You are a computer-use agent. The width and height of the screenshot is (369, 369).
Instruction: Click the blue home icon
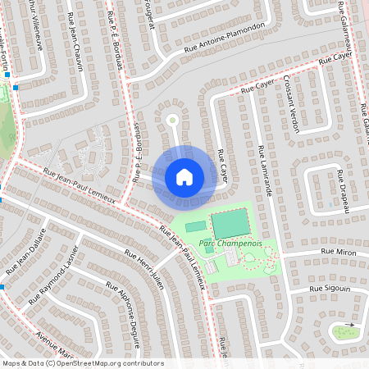tap(184, 176)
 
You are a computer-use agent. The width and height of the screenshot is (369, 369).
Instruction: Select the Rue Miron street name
tap(338, 252)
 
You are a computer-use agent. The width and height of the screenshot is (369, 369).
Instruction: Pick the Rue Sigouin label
tap(330, 289)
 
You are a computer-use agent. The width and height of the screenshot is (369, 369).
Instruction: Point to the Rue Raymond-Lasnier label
tap(56, 274)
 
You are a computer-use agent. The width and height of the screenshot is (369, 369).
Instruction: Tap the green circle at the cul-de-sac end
tap(172, 121)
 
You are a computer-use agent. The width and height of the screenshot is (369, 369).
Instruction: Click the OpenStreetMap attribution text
tap(82, 363)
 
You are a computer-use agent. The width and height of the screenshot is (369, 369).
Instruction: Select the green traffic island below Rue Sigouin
tap(342, 332)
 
